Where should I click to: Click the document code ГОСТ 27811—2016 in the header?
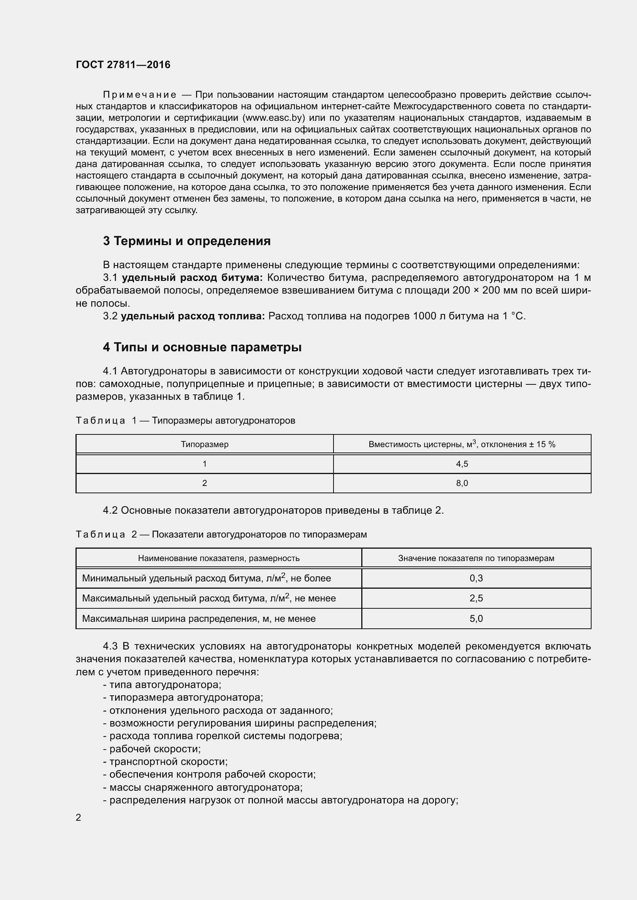(123, 65)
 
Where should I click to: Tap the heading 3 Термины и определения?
(187, 240)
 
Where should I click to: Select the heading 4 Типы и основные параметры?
(202, 347)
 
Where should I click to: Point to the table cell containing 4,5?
(462, 464)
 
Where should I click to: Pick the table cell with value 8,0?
(462, 483)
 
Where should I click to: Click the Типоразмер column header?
(205, 444)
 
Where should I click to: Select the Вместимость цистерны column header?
(462, 444)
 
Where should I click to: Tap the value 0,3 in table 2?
(476, 578)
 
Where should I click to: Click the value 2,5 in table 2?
(476, 598)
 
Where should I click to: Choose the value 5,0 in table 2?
(476, 619)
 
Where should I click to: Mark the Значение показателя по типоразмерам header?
(476, 558)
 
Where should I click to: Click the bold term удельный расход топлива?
(193, 316)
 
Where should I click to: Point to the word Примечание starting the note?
(139, 95)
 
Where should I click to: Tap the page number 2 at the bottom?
(79, 818)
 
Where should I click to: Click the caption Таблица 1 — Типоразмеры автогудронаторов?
(185, 421)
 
